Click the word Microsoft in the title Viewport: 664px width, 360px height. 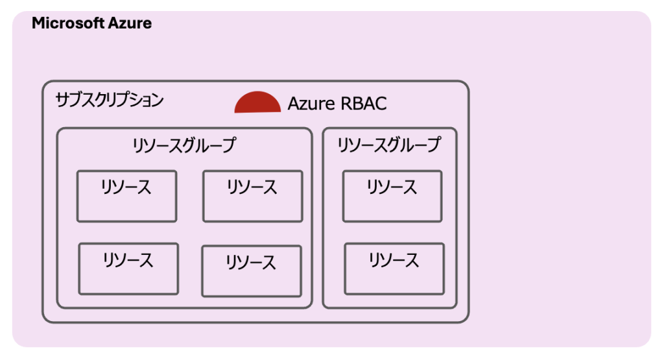coord(68,23)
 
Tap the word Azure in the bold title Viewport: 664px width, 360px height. coord(130,23)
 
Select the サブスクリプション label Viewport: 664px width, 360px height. coord(109,100)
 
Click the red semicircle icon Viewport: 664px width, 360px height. coord(257,103)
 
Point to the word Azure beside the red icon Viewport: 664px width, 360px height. coord(311,104)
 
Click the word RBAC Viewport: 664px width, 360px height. coord(364,104)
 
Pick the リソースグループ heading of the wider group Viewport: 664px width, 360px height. coord(184,145)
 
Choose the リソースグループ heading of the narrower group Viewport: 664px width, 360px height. coord(389,145)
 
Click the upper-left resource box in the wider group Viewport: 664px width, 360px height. coord(126,196)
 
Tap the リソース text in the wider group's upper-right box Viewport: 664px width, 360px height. coord(252,187)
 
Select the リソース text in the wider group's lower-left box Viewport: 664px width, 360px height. coord(128,259)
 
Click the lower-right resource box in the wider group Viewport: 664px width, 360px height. coord(252,271)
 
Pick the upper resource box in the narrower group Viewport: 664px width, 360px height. coord(392,196)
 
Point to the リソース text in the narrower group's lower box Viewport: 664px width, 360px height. coord(394,259)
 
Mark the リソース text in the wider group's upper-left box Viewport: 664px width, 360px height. coord(126,187)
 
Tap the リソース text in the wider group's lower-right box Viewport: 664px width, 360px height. coord(251,262)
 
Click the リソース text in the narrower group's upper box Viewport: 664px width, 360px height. coord(392,187)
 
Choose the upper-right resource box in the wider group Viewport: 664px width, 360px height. coord(253,196)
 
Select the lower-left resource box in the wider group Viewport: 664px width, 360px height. coord(129,269)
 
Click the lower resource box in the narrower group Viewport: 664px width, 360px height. coord(394,269)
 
